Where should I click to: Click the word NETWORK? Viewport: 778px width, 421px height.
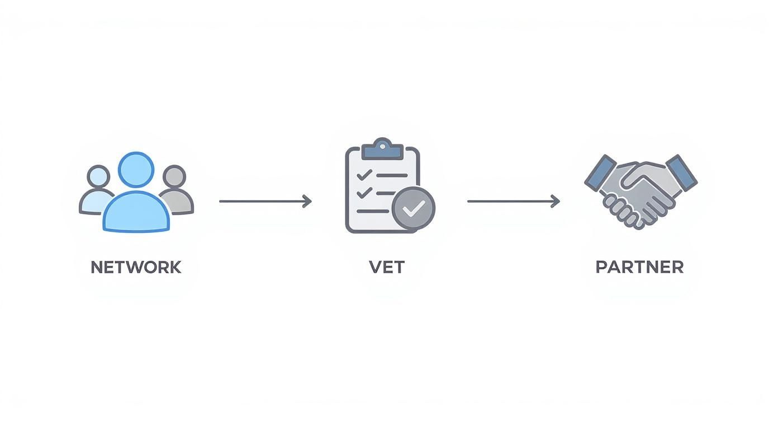[136, 267]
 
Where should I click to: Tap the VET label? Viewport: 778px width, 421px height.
[387, 267]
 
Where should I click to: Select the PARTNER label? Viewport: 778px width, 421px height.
[640, 267]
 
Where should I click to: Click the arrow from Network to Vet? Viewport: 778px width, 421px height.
[265, 201]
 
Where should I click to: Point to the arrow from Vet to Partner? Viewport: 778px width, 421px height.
[513, 201]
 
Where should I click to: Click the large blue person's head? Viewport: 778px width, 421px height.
[136, 170]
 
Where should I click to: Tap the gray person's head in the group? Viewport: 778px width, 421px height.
[174, 176]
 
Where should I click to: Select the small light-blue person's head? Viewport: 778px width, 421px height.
[98, 176]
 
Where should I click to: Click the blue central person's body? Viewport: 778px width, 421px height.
[136, 211]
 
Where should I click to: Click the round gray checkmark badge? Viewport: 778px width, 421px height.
[414, 208]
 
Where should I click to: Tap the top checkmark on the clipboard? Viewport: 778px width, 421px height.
[364, 175]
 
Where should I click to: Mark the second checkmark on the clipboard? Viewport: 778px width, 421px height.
[364, 193]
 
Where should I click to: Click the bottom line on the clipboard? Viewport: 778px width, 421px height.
[373, 211]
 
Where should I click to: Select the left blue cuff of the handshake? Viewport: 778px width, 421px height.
[600, 173]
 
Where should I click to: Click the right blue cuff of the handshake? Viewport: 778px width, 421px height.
[682, 173]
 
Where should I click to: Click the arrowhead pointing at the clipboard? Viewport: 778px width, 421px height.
[307, 201]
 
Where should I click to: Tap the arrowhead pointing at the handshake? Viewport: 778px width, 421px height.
[556, 201]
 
